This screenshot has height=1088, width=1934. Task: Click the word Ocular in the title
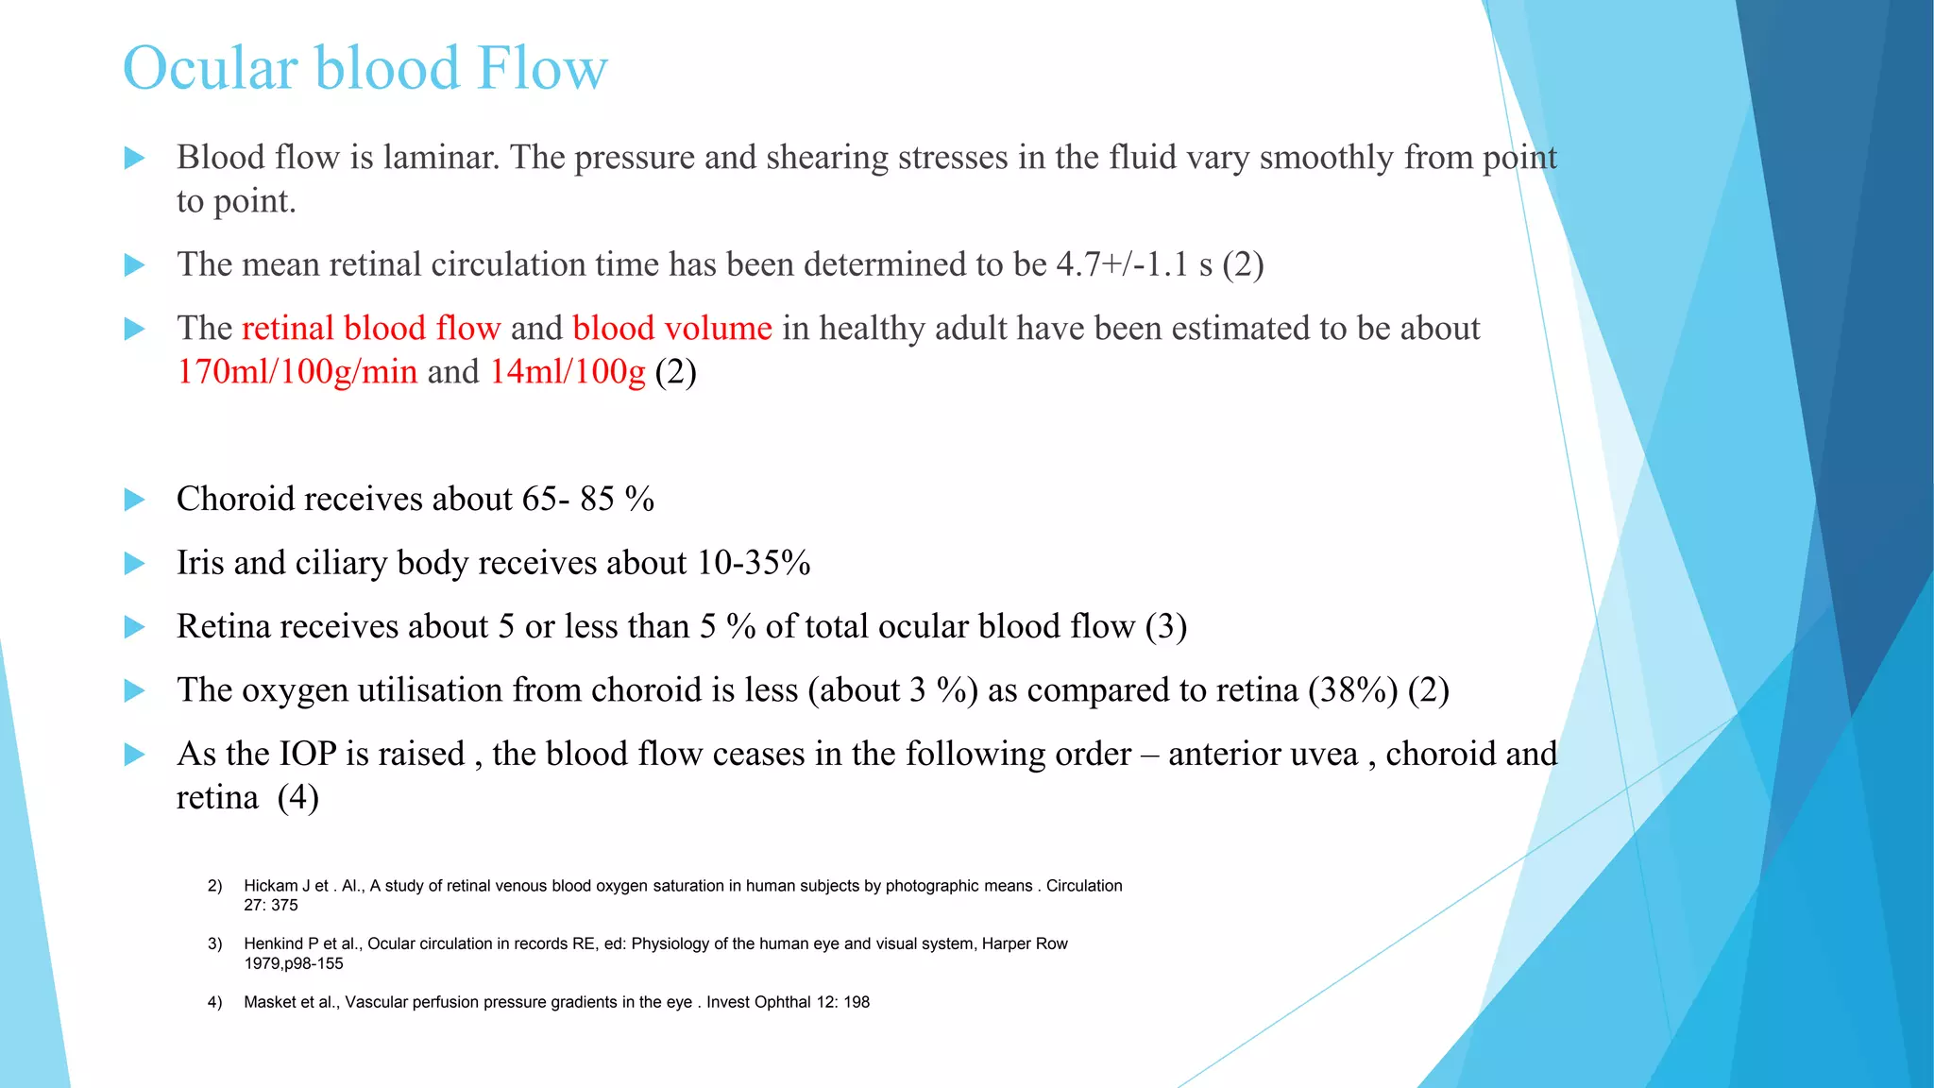[211, 68]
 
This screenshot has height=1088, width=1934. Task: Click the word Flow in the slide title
[542, 68]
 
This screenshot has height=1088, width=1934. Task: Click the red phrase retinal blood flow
[371, 328]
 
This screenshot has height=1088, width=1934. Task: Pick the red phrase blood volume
[671, 328]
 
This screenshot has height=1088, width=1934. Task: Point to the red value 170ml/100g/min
[297, 372]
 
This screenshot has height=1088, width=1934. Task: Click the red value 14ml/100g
[567, 372]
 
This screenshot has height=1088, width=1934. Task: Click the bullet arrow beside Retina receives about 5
[135, 627]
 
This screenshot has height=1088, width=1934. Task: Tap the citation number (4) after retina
[297, 798]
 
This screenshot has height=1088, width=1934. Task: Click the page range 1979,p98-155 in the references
[293, 963]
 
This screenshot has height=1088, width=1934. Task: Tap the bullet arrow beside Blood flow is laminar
[135, 158]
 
